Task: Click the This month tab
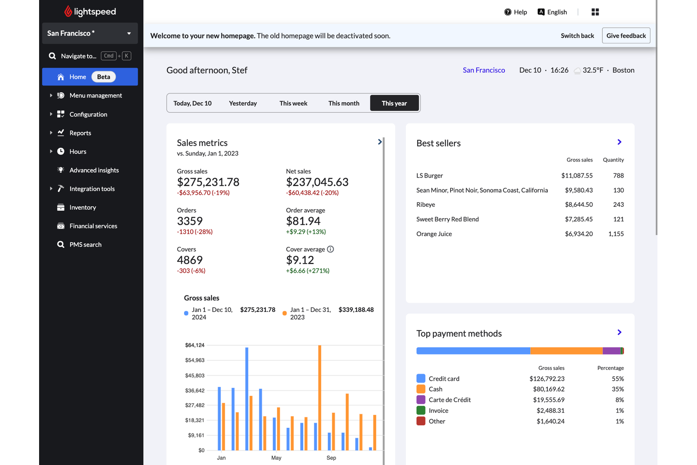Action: [x=343, y=103]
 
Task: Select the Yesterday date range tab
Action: [x=243, y=103]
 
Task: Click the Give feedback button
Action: [x=625, y=36]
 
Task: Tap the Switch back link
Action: [x=577, y=36]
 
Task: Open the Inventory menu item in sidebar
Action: [x=82, y=207]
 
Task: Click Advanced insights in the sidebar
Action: [x=94, y=170]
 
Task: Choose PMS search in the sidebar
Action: [x=85, y=245]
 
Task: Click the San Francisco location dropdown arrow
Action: [x=129, y=33]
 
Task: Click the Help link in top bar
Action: [x=515, y=12]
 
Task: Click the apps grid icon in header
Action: [x=595, y=12]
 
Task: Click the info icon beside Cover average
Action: [x=331, y=249]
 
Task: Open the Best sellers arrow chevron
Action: [x=619, y=142]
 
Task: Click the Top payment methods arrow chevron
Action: [x=619, y=333]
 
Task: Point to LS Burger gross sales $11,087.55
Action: [x=576, y=176]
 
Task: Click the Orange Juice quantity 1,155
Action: [x=616, y=234]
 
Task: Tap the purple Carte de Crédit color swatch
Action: [x=421, y=400]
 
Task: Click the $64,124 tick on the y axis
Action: [x=195, y=345]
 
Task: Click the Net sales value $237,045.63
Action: [x=317, y=182]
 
